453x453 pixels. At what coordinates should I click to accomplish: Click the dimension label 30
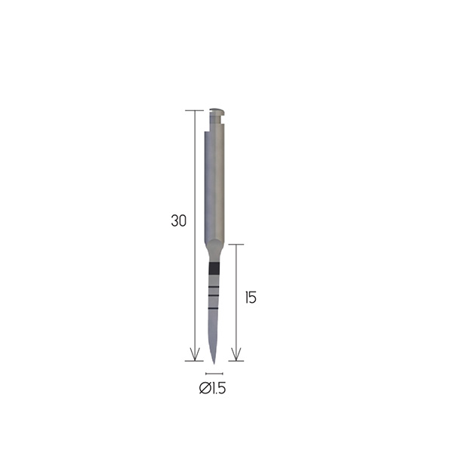(x=178, y=220)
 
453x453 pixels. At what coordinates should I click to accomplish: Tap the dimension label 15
(x=251, y=297)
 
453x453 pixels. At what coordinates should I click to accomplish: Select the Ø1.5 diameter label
(x=212, y=388)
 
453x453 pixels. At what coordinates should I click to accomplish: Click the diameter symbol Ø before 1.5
(x=205, y=388)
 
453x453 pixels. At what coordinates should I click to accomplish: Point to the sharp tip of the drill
(x=214, y=363)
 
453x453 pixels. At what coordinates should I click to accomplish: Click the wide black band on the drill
(x=214, y=268)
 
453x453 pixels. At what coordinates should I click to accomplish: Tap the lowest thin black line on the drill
(x=213, y=309)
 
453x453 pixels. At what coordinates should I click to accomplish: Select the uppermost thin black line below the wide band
(x=214, y=287)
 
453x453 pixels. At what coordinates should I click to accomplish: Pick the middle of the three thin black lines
(x=214, y=296)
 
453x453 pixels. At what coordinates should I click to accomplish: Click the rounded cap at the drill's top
(x=217, y=110)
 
